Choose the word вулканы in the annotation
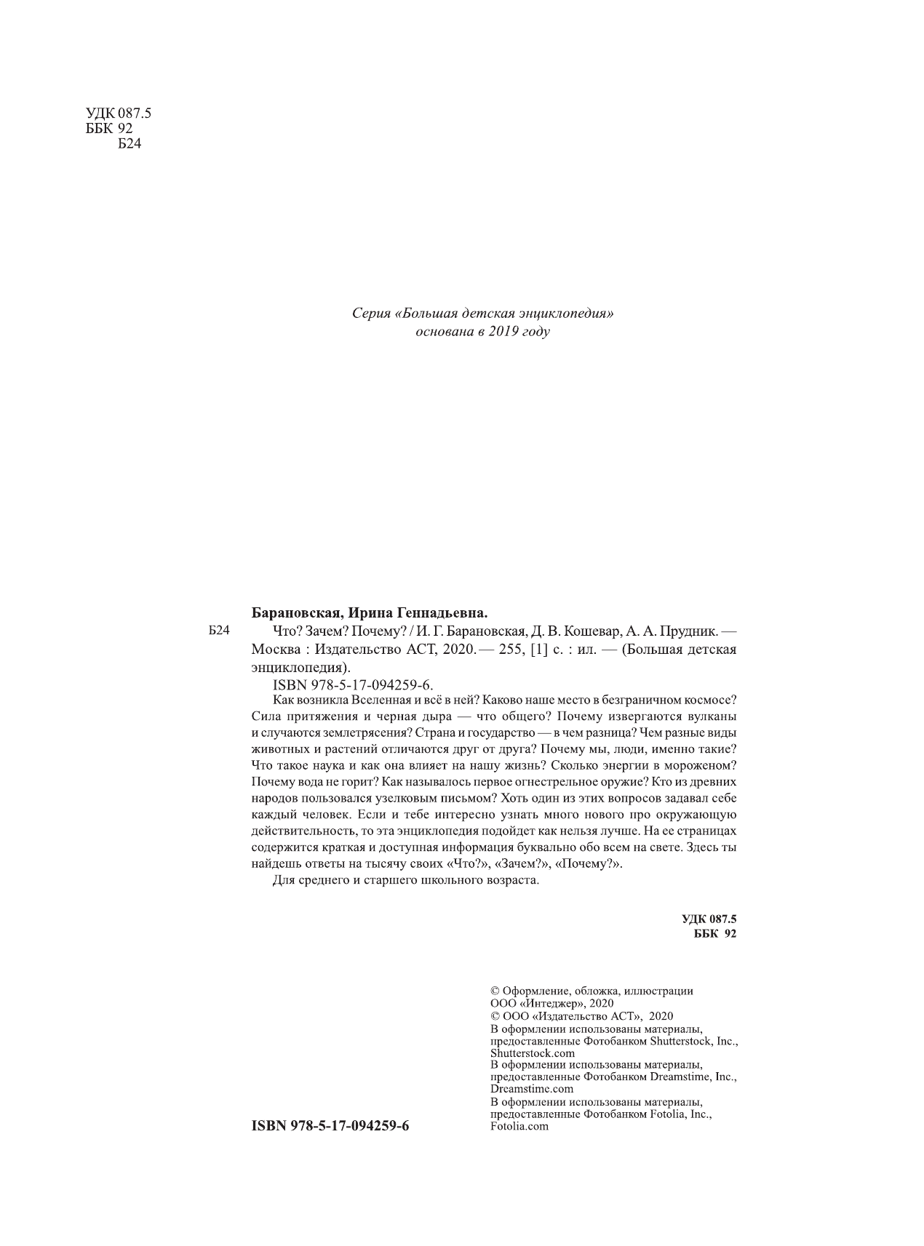click(x=716, y=716)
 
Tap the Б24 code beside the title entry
click(x=218, y=632)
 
